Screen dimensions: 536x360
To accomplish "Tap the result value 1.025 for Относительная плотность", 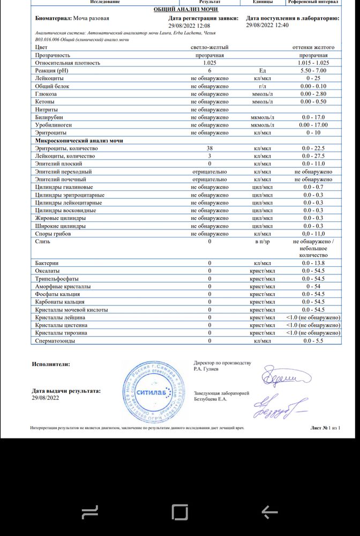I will [209, 63].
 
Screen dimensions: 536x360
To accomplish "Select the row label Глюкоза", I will [46, 94].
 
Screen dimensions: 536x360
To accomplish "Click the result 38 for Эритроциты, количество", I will [209, 148].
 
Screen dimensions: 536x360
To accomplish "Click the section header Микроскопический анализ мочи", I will [79, 140].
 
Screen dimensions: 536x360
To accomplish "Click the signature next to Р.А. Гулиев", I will [282, 377].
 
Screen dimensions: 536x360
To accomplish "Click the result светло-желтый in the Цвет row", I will [209, 47].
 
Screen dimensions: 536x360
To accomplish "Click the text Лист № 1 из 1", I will [325, 428].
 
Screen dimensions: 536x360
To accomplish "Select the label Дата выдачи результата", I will [66, 391].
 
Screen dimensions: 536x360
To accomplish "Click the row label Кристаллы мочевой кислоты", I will [71, 310].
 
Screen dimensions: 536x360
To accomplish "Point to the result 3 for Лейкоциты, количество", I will [209, 156].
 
